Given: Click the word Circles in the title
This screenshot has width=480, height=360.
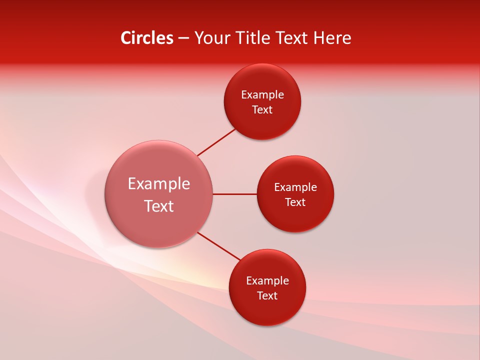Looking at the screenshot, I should (147, 38).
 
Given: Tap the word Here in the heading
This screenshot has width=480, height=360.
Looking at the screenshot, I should (332, 38).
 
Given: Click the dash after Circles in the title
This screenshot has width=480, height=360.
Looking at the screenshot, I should (183, 38).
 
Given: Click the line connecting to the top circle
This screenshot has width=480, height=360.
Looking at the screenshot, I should (216, 142).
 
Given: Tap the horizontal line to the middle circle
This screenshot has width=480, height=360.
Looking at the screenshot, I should (234, 194).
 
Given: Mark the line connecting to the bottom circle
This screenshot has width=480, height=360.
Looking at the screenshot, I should (219, 246).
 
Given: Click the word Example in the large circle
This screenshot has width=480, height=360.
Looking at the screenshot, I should (159, 184).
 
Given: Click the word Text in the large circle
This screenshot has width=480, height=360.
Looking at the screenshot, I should (159, 206).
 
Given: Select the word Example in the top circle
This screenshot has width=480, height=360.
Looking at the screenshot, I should (262, 95).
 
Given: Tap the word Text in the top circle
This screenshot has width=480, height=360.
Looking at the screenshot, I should (262, 110).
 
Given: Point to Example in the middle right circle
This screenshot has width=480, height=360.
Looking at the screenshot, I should (295, 187).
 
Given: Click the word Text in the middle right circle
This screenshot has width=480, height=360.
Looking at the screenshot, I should (295, 202).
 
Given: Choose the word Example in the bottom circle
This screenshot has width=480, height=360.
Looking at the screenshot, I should (267, 281).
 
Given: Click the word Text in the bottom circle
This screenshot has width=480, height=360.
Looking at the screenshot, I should (267, 296).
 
